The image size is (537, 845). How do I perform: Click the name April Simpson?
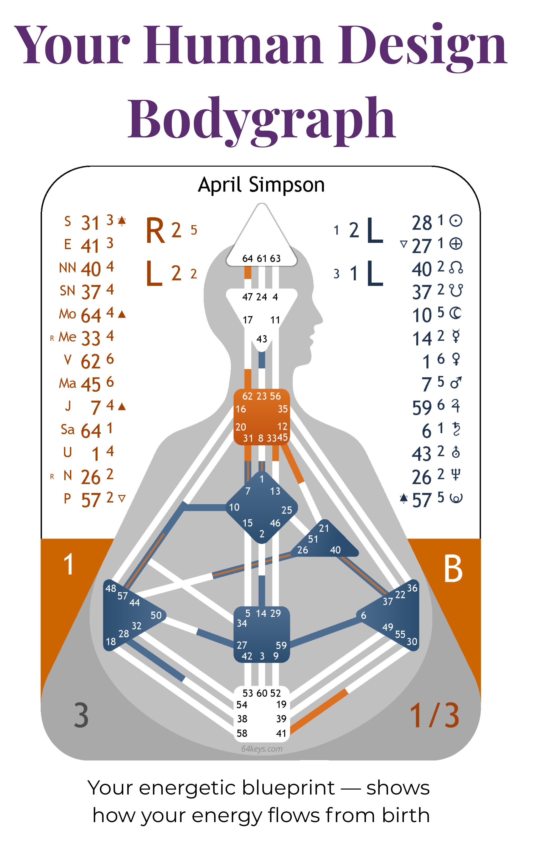(261, 185)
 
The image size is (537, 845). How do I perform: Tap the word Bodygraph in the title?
(262, 119)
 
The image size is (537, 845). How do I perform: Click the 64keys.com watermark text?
(262, 749)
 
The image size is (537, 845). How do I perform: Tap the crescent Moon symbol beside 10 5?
(456, 313)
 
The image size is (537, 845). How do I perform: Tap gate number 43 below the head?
(262, 339)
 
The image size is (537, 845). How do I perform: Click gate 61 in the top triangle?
(262, 259)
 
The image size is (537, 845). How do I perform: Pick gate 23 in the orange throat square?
(262, 396)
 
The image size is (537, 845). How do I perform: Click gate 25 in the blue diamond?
(287, 510)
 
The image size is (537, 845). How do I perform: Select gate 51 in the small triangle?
(313, 539)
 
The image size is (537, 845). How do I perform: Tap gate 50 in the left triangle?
(156, 616)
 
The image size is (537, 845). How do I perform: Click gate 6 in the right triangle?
(363, 615)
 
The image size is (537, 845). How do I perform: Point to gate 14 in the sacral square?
(261, 613)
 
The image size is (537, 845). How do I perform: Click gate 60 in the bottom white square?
(262, 693)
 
